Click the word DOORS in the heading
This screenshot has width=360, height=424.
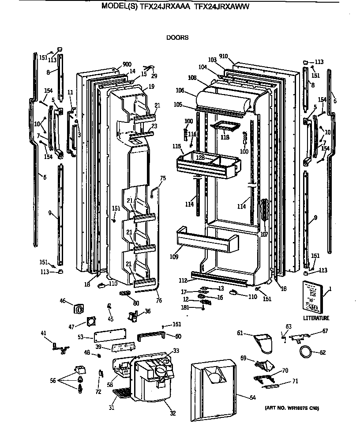(177, 38)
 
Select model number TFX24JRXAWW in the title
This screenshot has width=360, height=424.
(219, 6)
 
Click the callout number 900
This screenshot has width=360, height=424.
(115, 64)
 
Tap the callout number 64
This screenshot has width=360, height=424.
(252, 398)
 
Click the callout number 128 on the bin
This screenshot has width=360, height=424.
(200, 157)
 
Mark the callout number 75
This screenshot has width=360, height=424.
(163, 178)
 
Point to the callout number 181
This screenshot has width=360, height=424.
(186, 308)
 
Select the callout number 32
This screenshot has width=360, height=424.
(172, 413)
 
